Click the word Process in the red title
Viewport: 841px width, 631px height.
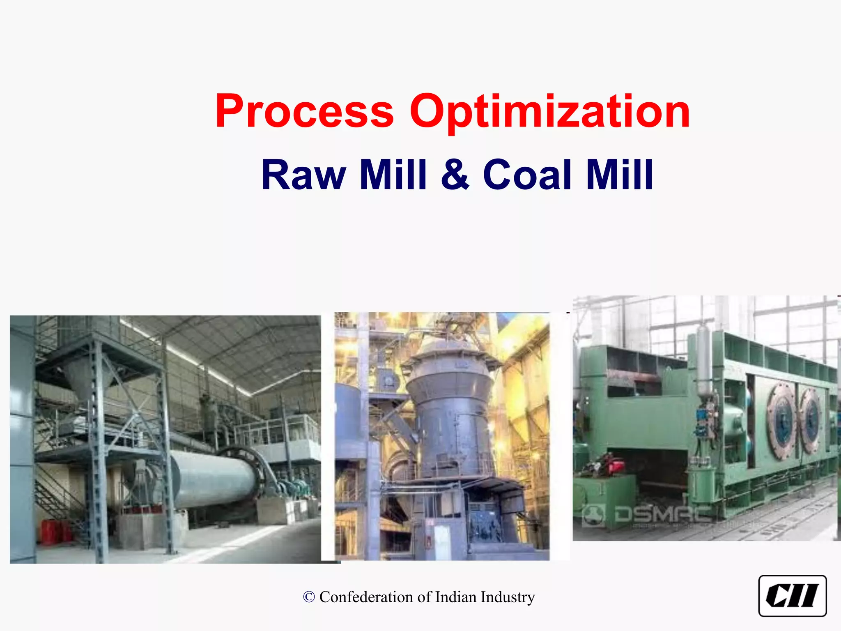tap(304, 112)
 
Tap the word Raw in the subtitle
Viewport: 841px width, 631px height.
tap(303, 175)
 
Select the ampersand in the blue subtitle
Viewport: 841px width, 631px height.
tap(455, 175)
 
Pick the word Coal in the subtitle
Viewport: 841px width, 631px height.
tap(528, 175)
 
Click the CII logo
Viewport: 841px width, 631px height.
tap(792, 596)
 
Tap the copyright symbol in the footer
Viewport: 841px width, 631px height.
tap(309, 597)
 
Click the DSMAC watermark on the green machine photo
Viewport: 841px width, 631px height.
tap(649, 514)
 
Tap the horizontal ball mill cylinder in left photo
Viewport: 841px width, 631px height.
tap(214, 479)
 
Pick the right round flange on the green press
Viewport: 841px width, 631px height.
tap(811, 421)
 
